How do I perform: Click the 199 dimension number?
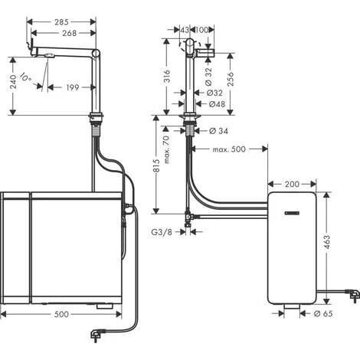[x=72, y=87]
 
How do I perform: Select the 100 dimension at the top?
[x=205, y=29]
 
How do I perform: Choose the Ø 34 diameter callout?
[x=218, y=130]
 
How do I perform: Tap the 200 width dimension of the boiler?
[x=292, y=184]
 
